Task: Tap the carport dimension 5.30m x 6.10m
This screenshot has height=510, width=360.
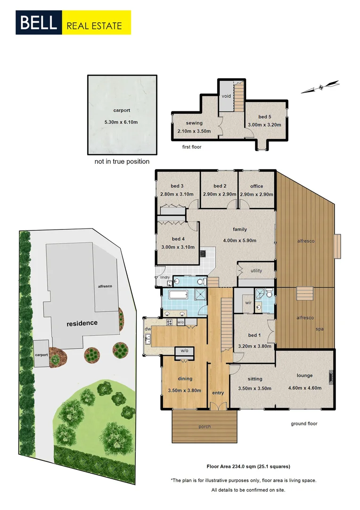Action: pyautogui.click(x=122, y=122)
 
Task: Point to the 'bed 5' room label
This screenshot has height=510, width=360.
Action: pyautogui.click(x=265, y=117)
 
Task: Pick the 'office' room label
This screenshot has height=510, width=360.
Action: pyautogui.click(x=257, y=186)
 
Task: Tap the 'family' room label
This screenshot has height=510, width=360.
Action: pyautogui.click(x=240, y=229)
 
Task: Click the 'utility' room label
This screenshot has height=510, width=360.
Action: pyautogui.click(x=256, y=271)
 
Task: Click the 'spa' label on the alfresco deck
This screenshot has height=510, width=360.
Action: pyautogui.click(x=320, y=329)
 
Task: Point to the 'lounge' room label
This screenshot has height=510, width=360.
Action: pyautogui.click(x=304, y=375)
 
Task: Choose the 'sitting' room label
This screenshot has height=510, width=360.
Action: pyautogui.click(x=255, y=379)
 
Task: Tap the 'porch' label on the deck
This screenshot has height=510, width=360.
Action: pyautogui.click(x=205, y=426)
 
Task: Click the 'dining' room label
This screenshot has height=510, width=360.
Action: pyautogui.click(x=185, y=379)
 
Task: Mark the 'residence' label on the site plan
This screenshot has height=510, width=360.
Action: pyautogui.click(x=82, y=323)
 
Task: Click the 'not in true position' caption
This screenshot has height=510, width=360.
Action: pyautogui.click(x=122, y=161)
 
